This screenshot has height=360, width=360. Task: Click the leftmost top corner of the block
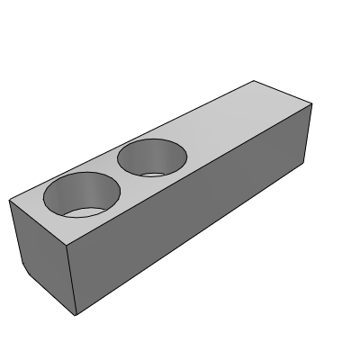[x=9, y=200]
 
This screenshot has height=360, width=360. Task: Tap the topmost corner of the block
[x=257, y=81]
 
